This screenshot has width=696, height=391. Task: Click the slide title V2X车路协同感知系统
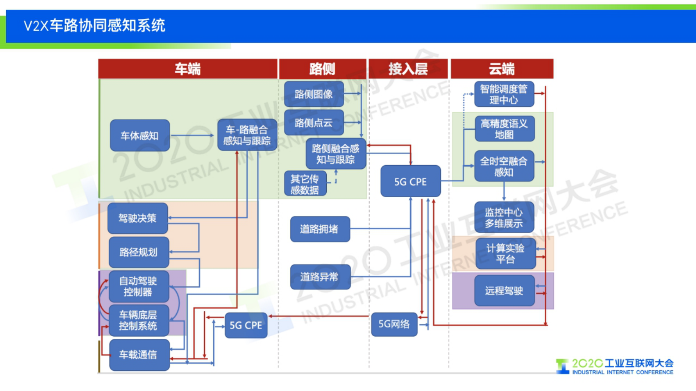94,25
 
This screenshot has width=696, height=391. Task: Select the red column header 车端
188,69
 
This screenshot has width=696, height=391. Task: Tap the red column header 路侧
322,69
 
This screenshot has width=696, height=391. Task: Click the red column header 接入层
408,69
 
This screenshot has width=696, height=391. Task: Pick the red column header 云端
502,69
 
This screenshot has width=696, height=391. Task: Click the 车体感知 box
140,135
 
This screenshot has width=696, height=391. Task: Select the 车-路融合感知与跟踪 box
247,135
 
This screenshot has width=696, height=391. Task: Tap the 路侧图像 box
314,94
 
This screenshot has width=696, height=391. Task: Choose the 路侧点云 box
314,123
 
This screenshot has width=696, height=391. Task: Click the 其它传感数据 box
305,184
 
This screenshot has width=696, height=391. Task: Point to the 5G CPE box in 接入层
410,181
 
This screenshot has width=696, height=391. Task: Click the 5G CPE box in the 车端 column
246,325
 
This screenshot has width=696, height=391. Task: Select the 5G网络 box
394,324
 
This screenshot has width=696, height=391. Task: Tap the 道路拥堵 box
320,229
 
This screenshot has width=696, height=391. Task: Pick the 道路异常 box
320,277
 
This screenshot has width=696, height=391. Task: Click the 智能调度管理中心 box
504,94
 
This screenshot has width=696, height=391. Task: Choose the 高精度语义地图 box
504,129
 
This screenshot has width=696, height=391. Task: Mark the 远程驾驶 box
504,290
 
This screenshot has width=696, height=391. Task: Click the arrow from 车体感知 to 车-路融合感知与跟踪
193,135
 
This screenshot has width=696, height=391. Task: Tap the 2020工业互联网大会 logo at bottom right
615,366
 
